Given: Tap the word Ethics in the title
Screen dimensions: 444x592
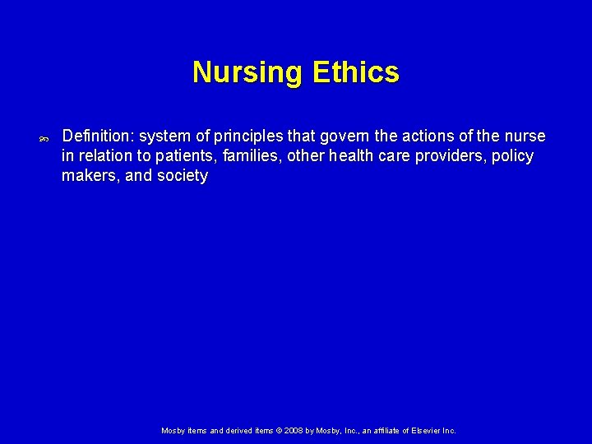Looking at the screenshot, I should [356, 72].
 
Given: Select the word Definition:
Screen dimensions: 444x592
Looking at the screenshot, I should [98, 136].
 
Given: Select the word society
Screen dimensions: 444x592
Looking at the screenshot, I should [182, 175].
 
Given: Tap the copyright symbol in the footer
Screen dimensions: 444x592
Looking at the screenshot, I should [279, 430].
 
